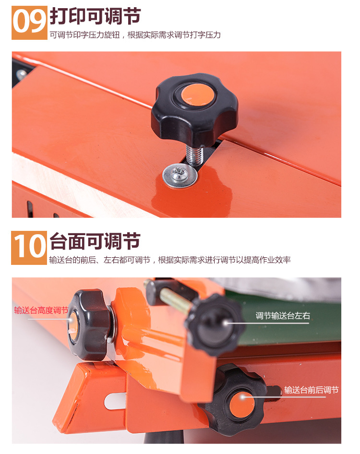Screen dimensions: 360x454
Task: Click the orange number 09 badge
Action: [29, 23]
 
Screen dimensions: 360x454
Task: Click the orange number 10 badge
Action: [29, 248]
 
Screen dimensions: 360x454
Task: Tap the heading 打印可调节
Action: [96, 16]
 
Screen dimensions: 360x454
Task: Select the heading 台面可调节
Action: [95, 241]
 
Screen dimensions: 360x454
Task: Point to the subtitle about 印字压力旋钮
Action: [135, 35]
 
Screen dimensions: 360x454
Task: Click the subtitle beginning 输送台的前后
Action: [170, 260]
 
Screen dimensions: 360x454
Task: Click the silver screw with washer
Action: [180, 176]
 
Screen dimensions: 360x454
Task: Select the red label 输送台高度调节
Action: [41, 311]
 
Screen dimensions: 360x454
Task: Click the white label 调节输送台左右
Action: [283, 316]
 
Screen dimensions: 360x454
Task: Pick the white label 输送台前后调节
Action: [312, 390]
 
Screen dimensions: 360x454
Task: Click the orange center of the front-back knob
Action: [242, 405]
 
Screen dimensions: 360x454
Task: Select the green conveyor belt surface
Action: [287, 322]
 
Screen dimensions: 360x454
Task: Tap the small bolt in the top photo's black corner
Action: [21, 74]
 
